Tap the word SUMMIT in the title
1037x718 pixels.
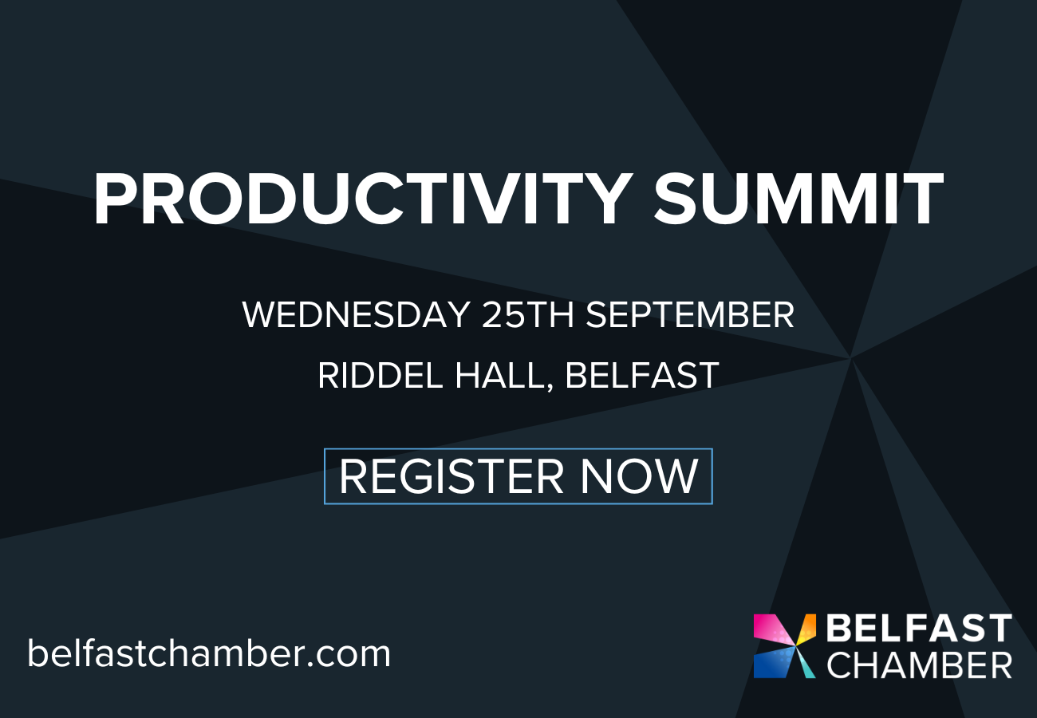click(798, 199)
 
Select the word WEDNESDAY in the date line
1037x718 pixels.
click(356, 315)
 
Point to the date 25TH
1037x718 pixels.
click(528, 315)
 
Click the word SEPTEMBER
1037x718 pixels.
click(690, 315)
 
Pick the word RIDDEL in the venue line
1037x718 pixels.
click(380, 376)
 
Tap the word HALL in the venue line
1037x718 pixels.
click(499, 376)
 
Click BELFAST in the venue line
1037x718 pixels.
click(642, 376)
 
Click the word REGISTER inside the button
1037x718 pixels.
click(451, 476)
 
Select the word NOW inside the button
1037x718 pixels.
click(639, 476)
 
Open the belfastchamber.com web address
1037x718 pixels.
click(209, 653)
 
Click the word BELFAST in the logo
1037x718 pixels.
click(920, 628)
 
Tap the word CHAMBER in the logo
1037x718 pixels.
click(920, 665)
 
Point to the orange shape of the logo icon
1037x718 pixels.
click(807, 626)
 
